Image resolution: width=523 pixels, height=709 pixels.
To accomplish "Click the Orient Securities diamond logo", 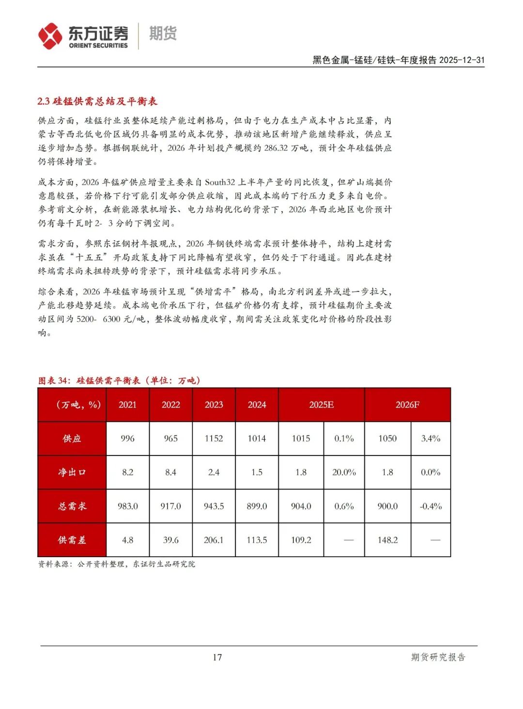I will coord(50,36).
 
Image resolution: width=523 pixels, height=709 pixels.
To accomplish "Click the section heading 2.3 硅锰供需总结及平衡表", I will coord(97,101).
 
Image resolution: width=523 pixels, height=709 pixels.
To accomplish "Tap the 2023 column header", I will coord(214,405).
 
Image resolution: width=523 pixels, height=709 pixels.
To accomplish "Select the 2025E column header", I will coord(321,405).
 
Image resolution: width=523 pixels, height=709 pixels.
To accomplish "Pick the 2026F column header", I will coord(407,405).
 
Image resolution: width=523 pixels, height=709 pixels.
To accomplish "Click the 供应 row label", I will coord(72,439).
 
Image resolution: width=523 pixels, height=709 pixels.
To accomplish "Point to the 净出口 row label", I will coord(72,473).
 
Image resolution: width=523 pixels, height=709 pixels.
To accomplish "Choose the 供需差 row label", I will coord(72,540).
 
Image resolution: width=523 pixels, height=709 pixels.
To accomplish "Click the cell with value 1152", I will coord(214,439).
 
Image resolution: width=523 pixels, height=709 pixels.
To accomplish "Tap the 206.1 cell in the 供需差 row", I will coord(214,540).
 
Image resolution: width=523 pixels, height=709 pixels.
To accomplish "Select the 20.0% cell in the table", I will coord(344,473).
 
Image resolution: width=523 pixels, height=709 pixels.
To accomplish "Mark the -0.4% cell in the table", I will coord(431,506).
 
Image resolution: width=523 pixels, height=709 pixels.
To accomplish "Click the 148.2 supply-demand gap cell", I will coord(387,540).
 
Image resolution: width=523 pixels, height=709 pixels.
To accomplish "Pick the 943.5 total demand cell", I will coord(214,506).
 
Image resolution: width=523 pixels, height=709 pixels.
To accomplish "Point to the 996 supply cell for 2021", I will coord(127,439).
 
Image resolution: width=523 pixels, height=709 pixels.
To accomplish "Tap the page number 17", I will coord(217,657).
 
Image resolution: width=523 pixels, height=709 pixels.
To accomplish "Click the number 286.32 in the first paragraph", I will coord(276,148).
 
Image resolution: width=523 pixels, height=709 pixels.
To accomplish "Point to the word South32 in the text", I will coord(220,182).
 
